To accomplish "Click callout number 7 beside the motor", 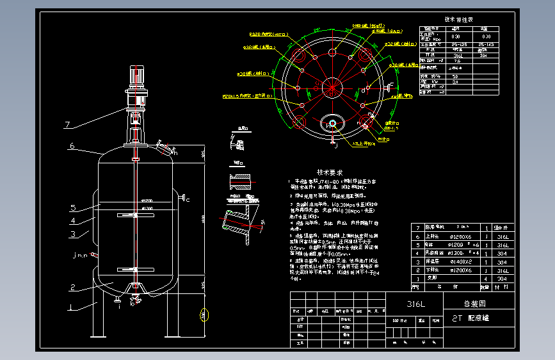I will (x=67, y=124).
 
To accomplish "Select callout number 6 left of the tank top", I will (x=72, y=146).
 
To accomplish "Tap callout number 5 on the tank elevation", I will (x=74, y=208).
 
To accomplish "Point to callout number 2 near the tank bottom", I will (x=74, y=287).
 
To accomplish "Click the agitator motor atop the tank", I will (x=136, y=78).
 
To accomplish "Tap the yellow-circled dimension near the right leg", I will (x=204, y=315).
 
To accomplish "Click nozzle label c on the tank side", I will (x=188, y=200).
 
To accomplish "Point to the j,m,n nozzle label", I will (x=80, y=256).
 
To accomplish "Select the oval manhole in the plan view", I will (x=332, y=124).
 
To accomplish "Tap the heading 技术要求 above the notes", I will (x=330, y=173).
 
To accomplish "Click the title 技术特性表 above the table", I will (x=458, y=19).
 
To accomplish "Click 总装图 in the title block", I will (x=474, y=304).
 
